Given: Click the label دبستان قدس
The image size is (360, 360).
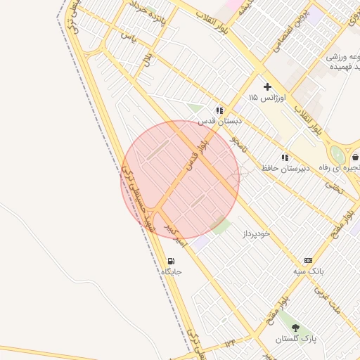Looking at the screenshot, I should coord(220,121).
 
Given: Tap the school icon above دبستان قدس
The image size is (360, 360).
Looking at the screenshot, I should coord(220,110).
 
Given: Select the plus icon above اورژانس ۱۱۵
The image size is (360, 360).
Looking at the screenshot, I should coord(267,86).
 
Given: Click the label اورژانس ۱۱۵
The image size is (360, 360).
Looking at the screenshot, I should coord(266,97).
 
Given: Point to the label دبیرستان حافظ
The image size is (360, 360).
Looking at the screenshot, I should coord(285,169).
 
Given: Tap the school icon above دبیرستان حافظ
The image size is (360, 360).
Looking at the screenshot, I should coord(285,158).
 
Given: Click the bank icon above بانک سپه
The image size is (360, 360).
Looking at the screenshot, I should coord(308,260).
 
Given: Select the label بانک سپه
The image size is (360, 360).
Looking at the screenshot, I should coord(308,271).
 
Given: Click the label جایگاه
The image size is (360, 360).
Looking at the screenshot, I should coord(172,271).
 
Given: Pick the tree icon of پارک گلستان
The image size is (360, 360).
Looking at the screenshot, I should coord(295,328).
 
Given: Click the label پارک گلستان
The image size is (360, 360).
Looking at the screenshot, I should coord(295,339).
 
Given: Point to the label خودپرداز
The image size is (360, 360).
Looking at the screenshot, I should coord(255,232).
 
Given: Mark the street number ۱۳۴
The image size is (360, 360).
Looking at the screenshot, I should coord(231,342).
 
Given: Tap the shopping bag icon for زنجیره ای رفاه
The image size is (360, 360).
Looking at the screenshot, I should coord(355,157).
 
